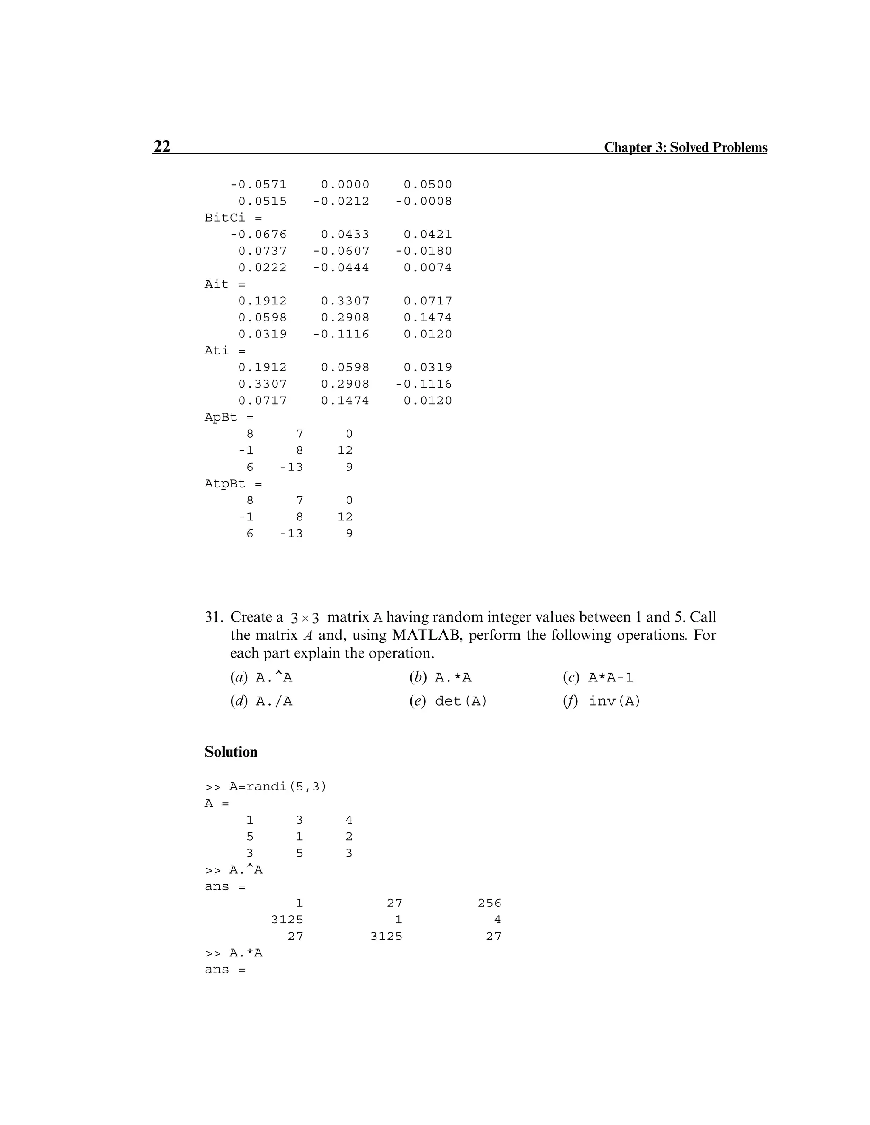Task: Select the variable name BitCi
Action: pyautogui.click(x=225, y=217)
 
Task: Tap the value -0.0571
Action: pyautogui.click(x=258, y=184)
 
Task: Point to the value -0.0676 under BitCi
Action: pyautogui.click(x=258, y=234)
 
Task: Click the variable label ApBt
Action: pyautogui.click(x=220, y=417)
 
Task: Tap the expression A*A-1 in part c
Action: pyautogui.click(x=610, y=678)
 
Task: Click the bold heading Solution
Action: pyautogui.click(x=231, y=751)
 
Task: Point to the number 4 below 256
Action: pyautogui.click(x=497, y=920)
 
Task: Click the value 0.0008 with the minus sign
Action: pyautogui.click(x=424, y=201)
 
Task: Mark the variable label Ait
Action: pyautogui.click(x=217, y=284)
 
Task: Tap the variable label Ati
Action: pyautogui.click(x=217, y=350)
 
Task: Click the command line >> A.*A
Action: pyautogui.click(x=234, y=953)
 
